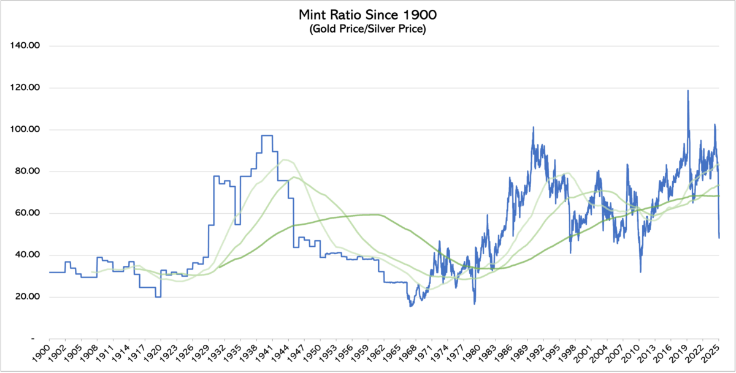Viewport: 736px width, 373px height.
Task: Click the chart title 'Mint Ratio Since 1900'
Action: point(367,14)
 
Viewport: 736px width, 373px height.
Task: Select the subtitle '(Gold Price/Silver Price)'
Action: point(367,29)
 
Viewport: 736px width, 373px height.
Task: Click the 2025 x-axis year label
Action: point(711,355)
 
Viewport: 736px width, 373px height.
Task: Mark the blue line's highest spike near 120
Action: point(688,91)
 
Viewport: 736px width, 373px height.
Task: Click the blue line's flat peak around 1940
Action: point(267,135)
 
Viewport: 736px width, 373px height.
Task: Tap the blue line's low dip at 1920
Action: point(158,297)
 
